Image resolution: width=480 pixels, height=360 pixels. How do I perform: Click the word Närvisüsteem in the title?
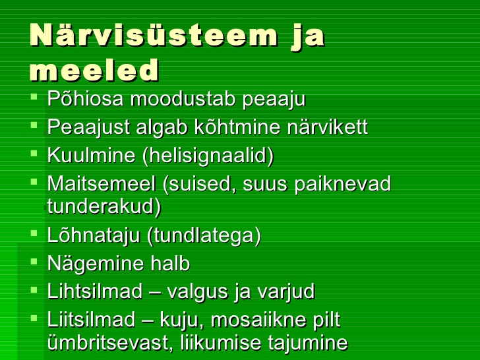click(154, 34)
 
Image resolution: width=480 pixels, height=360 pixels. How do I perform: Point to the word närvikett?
click(327, 127)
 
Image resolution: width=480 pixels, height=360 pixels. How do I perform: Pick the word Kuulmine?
click(91, 155)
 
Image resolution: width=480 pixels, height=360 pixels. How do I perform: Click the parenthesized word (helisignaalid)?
click(208, 156)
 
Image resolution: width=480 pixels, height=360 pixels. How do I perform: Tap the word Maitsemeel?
click(102, 184)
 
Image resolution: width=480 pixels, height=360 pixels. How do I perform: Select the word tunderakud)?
click(104, 207)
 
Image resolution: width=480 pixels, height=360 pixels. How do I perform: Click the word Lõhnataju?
click(94, 236)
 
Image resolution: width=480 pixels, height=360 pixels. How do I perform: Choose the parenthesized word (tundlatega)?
click(204, 236)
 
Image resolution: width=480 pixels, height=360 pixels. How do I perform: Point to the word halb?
click(170, 263)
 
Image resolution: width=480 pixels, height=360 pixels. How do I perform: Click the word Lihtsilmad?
click(95, 291)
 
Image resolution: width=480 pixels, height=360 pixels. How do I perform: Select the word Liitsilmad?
click(91, 320)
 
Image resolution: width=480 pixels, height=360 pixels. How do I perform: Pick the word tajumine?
click(308, 343)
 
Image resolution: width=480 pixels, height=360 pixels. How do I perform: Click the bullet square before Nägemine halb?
click(34, 261)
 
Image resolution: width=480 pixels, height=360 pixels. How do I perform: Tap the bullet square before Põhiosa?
click(34, 97)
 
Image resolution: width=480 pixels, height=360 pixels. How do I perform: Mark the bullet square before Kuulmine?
click(34, 153)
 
